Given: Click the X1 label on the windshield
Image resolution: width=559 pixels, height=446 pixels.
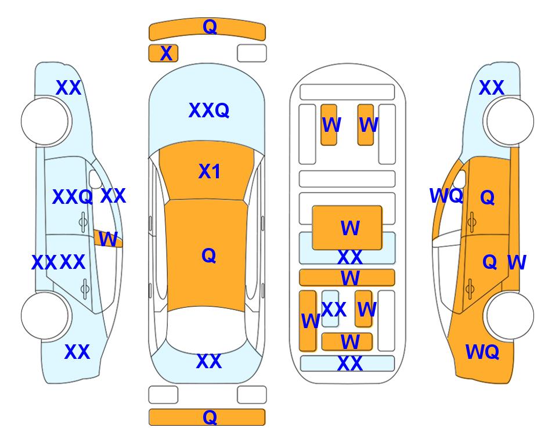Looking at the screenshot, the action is tap(210, 171).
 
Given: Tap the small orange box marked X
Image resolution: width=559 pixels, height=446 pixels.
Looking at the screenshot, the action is tap(163, 53).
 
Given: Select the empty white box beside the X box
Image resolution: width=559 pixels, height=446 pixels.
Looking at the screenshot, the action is tap(252, 53).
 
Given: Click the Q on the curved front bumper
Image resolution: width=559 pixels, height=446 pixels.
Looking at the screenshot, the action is tap(210, 27).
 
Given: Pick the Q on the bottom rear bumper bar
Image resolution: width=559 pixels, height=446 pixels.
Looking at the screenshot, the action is tap(210, 417).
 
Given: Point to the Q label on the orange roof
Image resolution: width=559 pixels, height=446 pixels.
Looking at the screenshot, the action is tap(209, 256).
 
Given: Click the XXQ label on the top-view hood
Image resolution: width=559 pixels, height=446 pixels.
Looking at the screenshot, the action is tap(209, 110).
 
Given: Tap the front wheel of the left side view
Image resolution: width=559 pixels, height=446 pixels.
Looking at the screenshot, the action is tap(45, 121).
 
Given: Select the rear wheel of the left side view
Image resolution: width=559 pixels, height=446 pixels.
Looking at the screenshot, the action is tap(45, 315).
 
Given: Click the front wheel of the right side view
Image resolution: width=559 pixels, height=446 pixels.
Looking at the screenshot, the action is tap(510, 121).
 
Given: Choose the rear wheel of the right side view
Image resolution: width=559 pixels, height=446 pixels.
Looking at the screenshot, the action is tap(510, 315).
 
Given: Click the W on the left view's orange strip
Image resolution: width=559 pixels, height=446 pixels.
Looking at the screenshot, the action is tap(108, 239).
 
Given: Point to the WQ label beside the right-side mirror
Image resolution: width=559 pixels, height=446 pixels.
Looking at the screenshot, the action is tap(446, 196).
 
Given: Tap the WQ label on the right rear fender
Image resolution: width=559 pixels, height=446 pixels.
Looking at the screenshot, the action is tap(482, 352).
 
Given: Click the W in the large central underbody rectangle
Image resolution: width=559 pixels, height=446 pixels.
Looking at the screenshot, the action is tap(350, 228).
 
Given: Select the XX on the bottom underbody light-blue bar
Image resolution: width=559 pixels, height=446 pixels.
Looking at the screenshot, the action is tap(349, 364).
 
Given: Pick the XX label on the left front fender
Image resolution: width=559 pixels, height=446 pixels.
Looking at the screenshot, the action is tap(68, 88).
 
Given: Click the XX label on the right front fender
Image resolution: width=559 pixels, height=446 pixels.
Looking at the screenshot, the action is tap(491, 88).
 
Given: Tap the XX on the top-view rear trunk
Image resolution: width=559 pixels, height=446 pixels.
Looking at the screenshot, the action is tap(209, 361).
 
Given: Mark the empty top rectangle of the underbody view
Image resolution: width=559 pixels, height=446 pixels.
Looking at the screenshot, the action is tap(347, 92).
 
